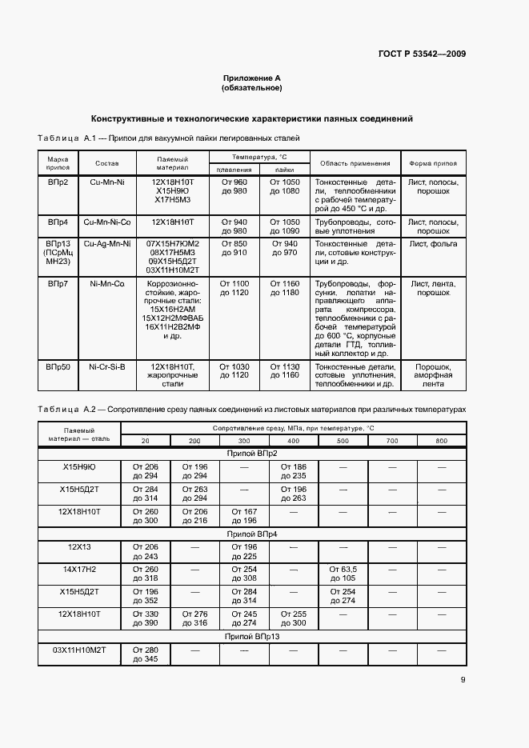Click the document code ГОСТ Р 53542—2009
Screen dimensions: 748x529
(x=422, y=54)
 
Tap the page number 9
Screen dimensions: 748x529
(x=463, y=680)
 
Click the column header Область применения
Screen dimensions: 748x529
(x=355, y=163)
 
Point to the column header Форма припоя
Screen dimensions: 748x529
(x=433, y=163)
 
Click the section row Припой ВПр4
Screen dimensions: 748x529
(x=252, y=533)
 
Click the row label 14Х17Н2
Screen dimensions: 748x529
(x=79, y=569)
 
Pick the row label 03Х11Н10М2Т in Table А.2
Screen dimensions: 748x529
(x=79, y=650)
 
